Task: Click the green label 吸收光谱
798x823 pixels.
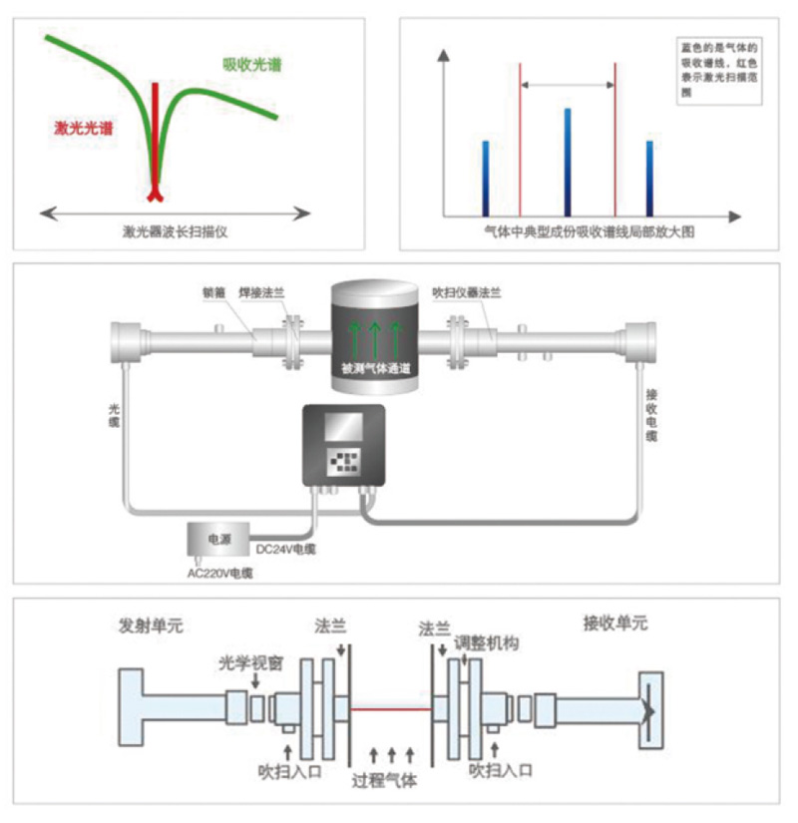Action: click(251, 65)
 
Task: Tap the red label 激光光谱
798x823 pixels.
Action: click(83, 129)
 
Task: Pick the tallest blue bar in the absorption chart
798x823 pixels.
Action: click(567, 162)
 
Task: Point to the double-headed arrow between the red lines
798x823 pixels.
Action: click(568, 86)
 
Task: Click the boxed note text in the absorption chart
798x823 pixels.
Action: click(718, 73)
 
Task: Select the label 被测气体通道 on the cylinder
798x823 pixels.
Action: click(374, 369)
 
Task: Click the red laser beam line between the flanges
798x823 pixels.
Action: click(391, 709)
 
